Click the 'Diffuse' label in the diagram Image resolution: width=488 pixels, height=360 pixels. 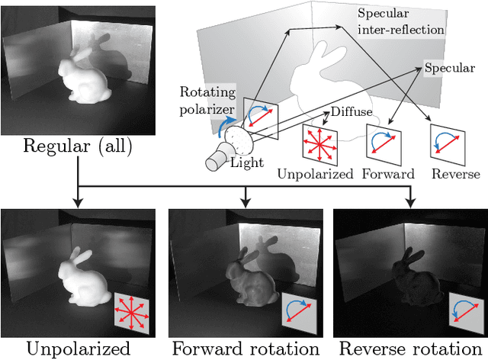pos(351,111)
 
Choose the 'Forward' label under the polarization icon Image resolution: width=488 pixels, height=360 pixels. pos(389,175)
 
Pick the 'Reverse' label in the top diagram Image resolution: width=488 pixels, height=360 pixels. pos(454,175)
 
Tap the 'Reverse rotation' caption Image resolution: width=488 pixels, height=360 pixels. pos(411,349)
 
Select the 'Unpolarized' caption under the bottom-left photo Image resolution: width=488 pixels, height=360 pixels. pos(79,349)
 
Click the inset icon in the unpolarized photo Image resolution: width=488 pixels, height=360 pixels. pos(132,311)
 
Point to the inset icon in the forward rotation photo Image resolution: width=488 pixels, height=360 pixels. pos(297,311)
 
